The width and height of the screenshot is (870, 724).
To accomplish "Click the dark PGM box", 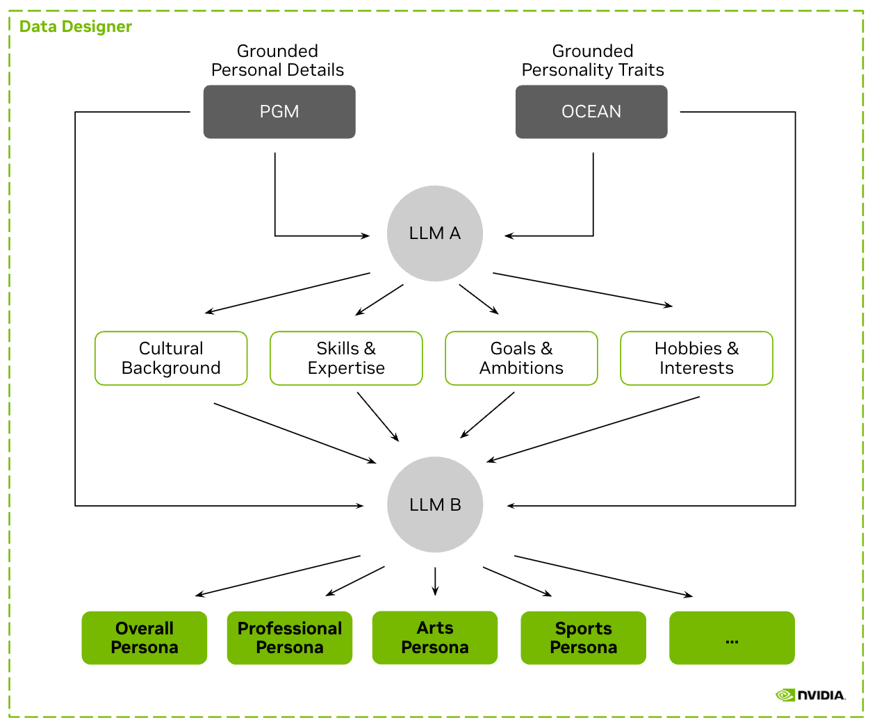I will click(279, 112).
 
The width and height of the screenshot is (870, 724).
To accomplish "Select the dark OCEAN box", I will click(591, 112).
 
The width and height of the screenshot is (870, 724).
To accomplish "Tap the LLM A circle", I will click(435, 233).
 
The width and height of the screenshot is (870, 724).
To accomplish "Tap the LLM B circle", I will click(435, 504).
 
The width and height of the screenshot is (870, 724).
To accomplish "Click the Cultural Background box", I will click(171, 358).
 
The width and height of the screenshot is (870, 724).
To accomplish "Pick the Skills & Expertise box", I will click(346, 358).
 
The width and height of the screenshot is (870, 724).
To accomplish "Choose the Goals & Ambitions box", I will click(521, 358).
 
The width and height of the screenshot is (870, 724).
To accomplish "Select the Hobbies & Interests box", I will click(696, 358).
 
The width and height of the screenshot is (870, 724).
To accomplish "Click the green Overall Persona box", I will click(145, 638).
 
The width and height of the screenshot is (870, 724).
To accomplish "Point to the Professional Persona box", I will click(290, 638).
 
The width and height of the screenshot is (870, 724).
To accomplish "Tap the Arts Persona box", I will click(435, 638).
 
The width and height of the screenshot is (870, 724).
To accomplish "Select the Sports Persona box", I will click(584, 638).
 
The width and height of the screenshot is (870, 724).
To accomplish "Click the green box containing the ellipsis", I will click(732, 638).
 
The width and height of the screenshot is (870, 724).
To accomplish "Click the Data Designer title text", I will click(76, 26).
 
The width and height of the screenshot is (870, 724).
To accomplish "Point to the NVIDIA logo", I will click(810, 695).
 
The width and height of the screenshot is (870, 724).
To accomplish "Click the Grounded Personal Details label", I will click(277, 60).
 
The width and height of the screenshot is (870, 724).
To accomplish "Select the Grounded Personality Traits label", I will click(593, 60).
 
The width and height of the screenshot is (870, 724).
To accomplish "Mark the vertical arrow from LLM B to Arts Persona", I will click(435, 581).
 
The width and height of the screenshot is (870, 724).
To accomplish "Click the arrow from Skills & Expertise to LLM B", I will click(378, 416).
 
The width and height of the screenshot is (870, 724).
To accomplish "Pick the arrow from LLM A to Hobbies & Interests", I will click(582, 290).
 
